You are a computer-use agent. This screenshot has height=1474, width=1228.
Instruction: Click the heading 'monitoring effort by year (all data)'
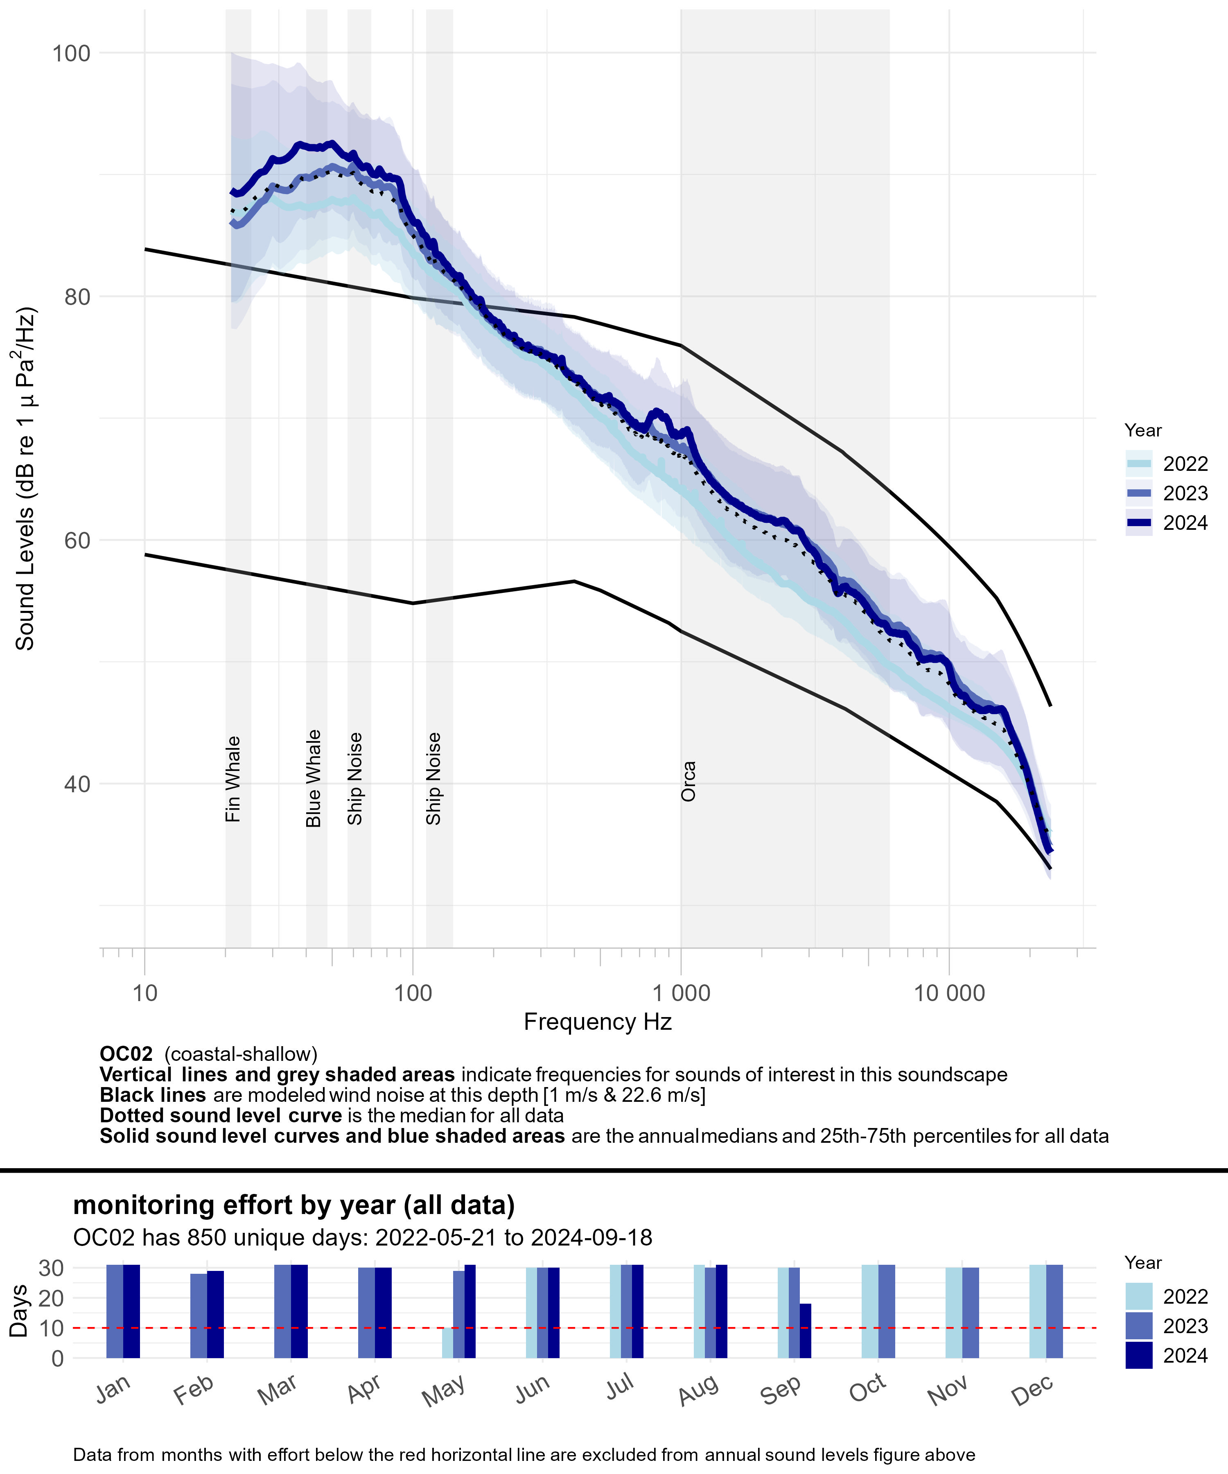pos(294,1205)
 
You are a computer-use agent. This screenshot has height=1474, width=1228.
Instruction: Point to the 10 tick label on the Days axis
pos(52,1328)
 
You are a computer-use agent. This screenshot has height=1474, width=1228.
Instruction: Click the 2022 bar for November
pos(954,1313)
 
